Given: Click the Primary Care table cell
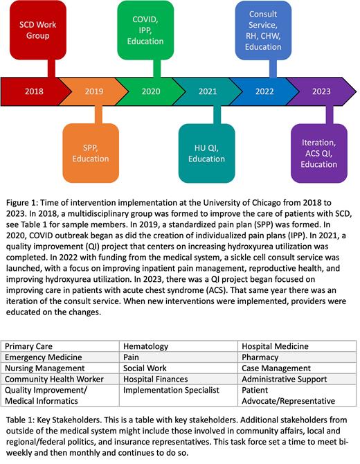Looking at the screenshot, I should pyautogui.click(x=61, y=345).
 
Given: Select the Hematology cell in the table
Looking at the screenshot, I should pyautogui.click(x=179, y=345).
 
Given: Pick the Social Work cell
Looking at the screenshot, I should pyautogui.click(x=179, y=368).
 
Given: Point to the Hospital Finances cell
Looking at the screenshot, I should pyautogui.click(x=179, y=380).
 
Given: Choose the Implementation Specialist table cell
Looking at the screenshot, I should pyautogui.click(x=179, y=391).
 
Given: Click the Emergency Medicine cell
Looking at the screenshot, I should pyautogui.click(x=61, y=357).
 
